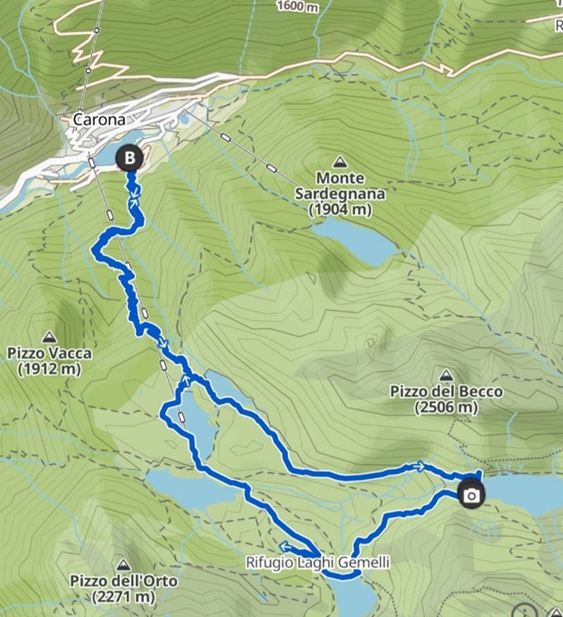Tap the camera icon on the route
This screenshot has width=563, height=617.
click(x=471, y=495)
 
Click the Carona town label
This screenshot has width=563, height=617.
click(x=99, y=120)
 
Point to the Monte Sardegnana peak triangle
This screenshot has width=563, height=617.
click(x=339, y=160)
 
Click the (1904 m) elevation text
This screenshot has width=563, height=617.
click(x=339, y=211)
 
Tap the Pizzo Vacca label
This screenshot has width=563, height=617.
click(x=50, y=354)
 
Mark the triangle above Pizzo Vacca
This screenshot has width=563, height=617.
click(x=50, y=337)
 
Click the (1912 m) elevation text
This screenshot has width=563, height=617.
click(x=50, y=370)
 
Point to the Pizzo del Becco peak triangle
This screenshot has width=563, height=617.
click(x=446, y=375)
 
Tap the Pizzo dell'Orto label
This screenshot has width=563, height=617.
click(x=123, y=581)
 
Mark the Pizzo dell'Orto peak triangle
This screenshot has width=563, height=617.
click(x=123, y=563)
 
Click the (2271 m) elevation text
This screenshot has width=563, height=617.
click(x=123, y=596)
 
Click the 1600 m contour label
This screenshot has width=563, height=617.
click(x=296, y=7)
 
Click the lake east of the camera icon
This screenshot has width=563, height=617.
click(x=526, y=492)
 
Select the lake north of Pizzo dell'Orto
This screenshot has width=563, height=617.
click(x=186, y=488)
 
